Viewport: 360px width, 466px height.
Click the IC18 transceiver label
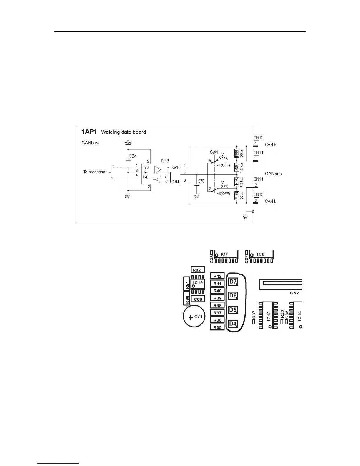click(x=165, y=161)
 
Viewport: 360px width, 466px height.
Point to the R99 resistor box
click(x=236, y=196)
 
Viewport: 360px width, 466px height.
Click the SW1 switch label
click(x=214, y=152)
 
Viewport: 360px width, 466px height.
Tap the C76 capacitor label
click(x=201, y=181)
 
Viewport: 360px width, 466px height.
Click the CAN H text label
click(x=271, y=144)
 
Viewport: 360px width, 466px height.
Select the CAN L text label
click(x=270, y=201)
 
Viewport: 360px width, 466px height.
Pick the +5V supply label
click(x=128, y=142)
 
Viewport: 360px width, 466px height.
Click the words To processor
click(x=95, y=172)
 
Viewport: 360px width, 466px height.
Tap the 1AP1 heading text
click(x=89, y=132)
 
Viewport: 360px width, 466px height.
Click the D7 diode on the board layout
click(x=233, y=282)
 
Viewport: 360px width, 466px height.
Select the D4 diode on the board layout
click(x=233, y=324)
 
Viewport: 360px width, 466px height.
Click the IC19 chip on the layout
click(x=198, y=284)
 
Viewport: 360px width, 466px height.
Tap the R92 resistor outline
click(x=198, y=270)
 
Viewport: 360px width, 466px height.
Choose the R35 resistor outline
click(x=217, y=327)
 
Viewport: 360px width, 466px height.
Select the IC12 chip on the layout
click(x=269, y=315)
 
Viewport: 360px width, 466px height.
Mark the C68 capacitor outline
click(x=198, y=299)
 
